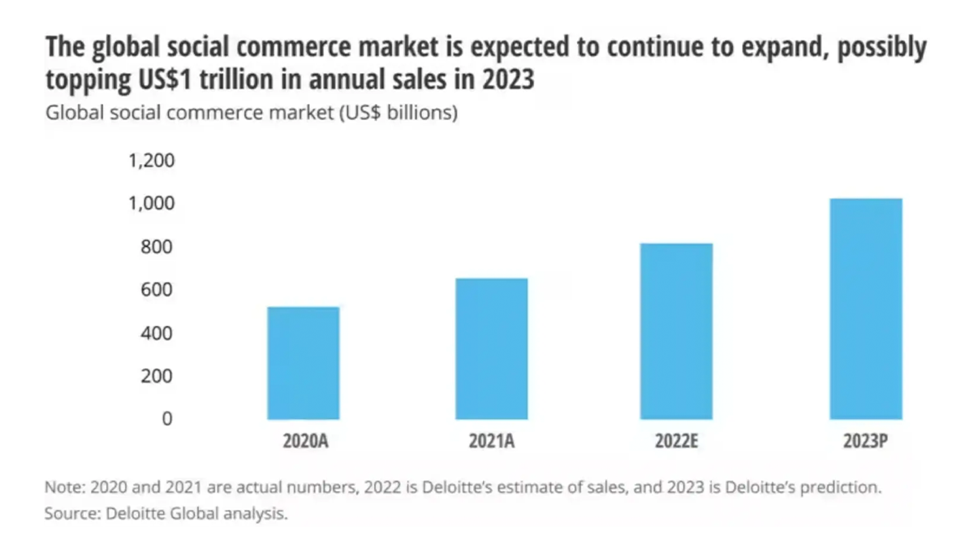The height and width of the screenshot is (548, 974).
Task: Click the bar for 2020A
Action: click(x=303, y=363)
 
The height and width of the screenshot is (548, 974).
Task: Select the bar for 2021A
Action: click(x=491, y=349)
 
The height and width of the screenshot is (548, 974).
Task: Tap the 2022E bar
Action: click(x=676, y=331)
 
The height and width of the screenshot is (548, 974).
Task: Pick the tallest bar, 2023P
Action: click(x=865, y=309)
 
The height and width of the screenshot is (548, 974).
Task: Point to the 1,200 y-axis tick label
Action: click(x=151, y=160)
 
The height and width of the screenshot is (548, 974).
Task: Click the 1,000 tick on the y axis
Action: click(x=151, y=203)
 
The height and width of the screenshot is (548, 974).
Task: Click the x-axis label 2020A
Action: click(x=304, y=443)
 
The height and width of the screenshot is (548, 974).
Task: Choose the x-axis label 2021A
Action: click(x=492, y=443)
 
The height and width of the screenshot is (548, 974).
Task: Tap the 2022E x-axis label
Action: click(x=676, y=443)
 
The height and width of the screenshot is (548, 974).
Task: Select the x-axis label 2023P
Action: click(x=865, y=443)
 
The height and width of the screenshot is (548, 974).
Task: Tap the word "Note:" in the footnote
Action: click(x=65, y=490)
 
